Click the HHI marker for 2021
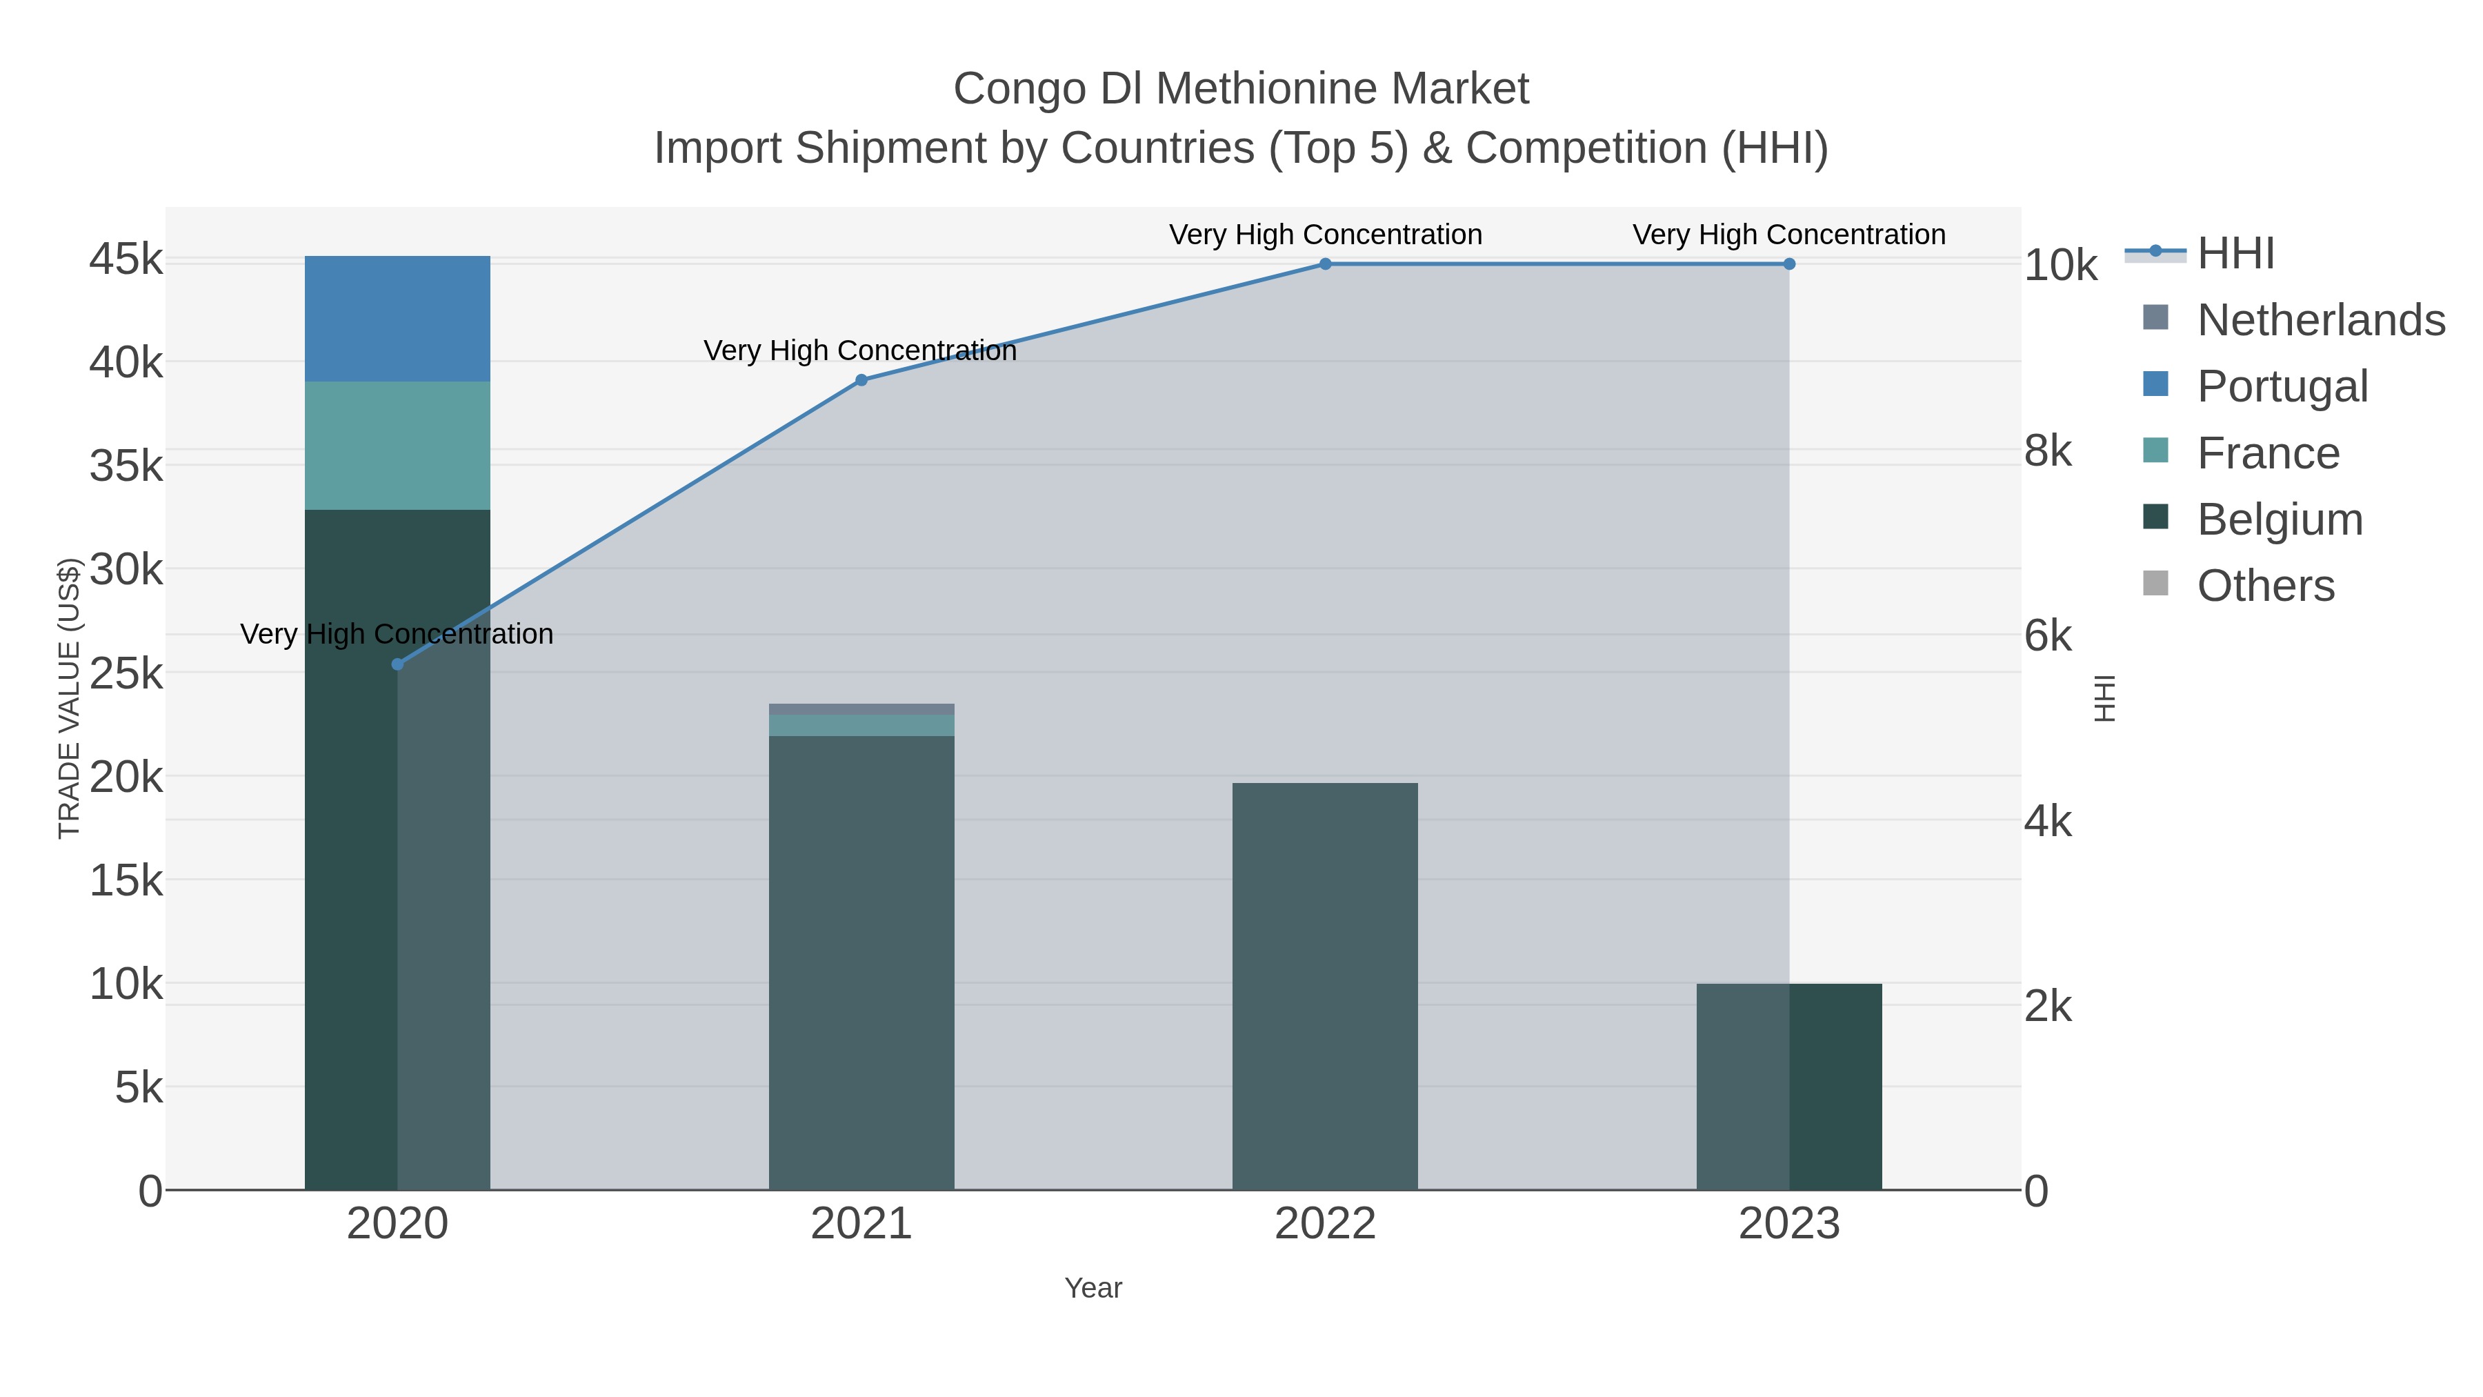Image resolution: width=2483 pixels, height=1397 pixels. coord(861,380)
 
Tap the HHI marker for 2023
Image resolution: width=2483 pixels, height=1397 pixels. coord(1789,264)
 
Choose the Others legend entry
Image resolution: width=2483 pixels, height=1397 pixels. coord(2265,585)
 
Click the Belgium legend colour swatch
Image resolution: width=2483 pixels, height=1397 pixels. coord(2155,517)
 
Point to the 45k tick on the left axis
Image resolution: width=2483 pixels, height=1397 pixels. coord(126,259)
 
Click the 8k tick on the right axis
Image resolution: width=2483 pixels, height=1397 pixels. coord(2047,450)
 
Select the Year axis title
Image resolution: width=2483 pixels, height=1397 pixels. coord(1093,1287)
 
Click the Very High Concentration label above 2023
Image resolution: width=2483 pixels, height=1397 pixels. coord(1789,235)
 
